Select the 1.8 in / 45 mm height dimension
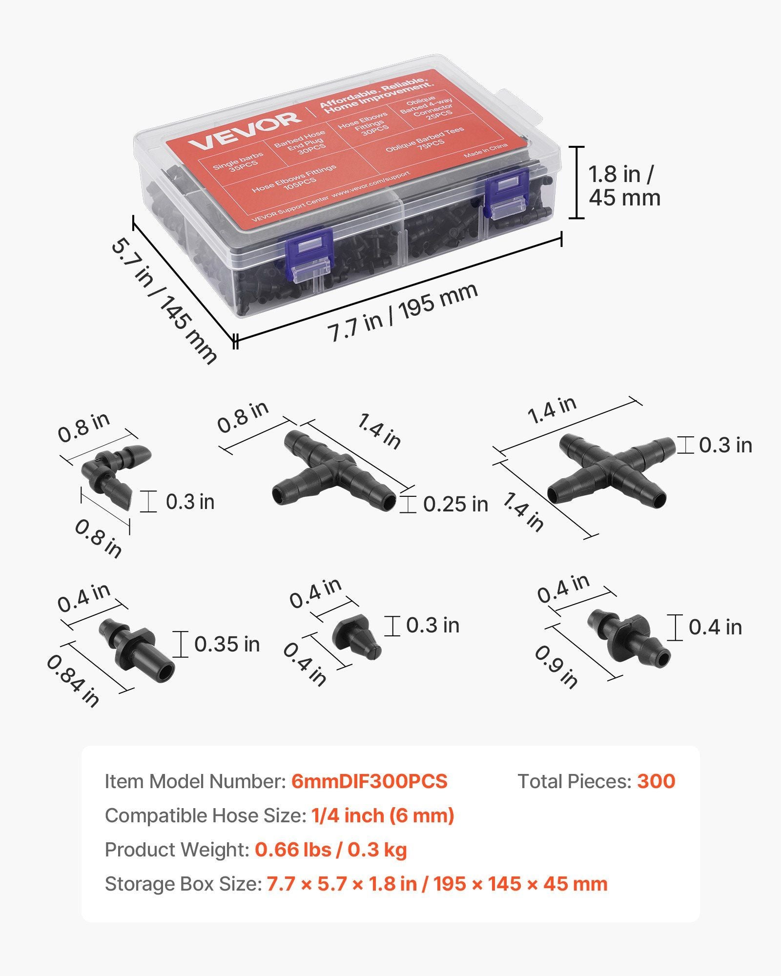pos(624,186)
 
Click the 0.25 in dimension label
pos(455,504)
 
